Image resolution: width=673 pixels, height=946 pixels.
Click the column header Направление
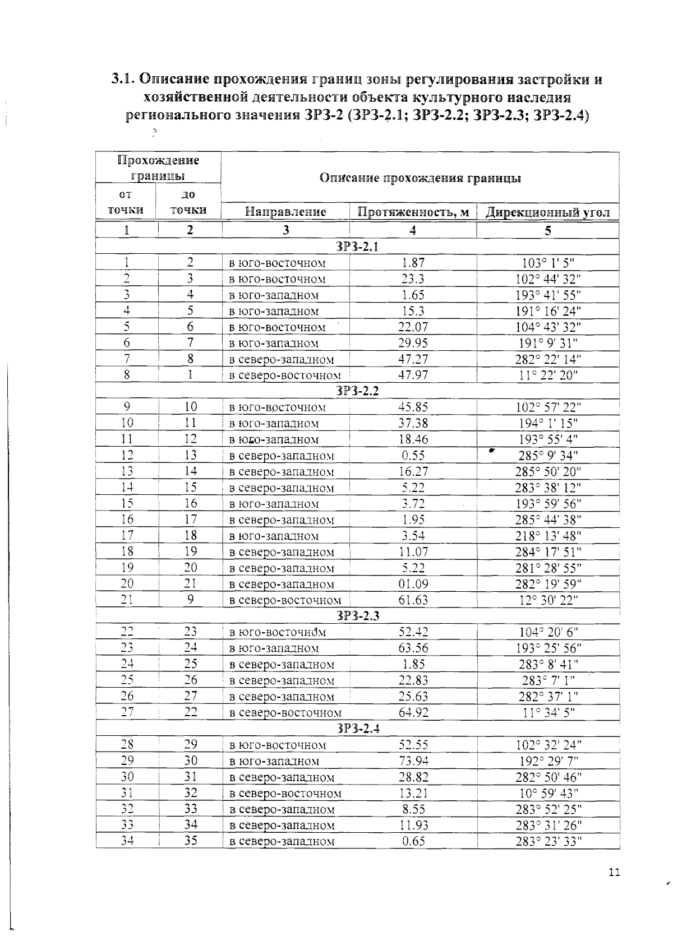[285, 212]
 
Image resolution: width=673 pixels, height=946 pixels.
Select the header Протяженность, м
[413, 212]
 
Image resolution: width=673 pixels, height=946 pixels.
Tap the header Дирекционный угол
[547, 212]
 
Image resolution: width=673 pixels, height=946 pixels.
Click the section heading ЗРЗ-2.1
[357, 247]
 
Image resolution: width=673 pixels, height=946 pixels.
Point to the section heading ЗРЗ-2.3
[357, 616]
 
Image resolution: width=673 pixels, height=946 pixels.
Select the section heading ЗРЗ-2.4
[357, 729]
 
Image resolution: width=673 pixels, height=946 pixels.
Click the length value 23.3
[413, 279]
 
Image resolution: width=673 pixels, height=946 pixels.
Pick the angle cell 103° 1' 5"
[548, 262]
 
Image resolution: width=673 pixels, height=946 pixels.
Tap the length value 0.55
[413, 456]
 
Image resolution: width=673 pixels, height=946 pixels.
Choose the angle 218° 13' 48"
[548, 536]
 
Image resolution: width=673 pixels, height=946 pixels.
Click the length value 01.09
[413, 585]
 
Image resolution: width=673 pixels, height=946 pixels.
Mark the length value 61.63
[413, 601]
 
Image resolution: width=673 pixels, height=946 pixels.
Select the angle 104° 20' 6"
[548, 632]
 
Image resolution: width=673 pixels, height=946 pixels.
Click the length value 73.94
[413, 761]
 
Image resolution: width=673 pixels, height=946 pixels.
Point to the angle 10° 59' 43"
[548, 793]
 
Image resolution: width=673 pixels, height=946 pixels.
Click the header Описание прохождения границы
[420, 178]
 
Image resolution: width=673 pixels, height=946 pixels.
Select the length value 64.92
[413, 713]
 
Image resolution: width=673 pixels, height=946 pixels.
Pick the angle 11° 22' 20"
[548, 375]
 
